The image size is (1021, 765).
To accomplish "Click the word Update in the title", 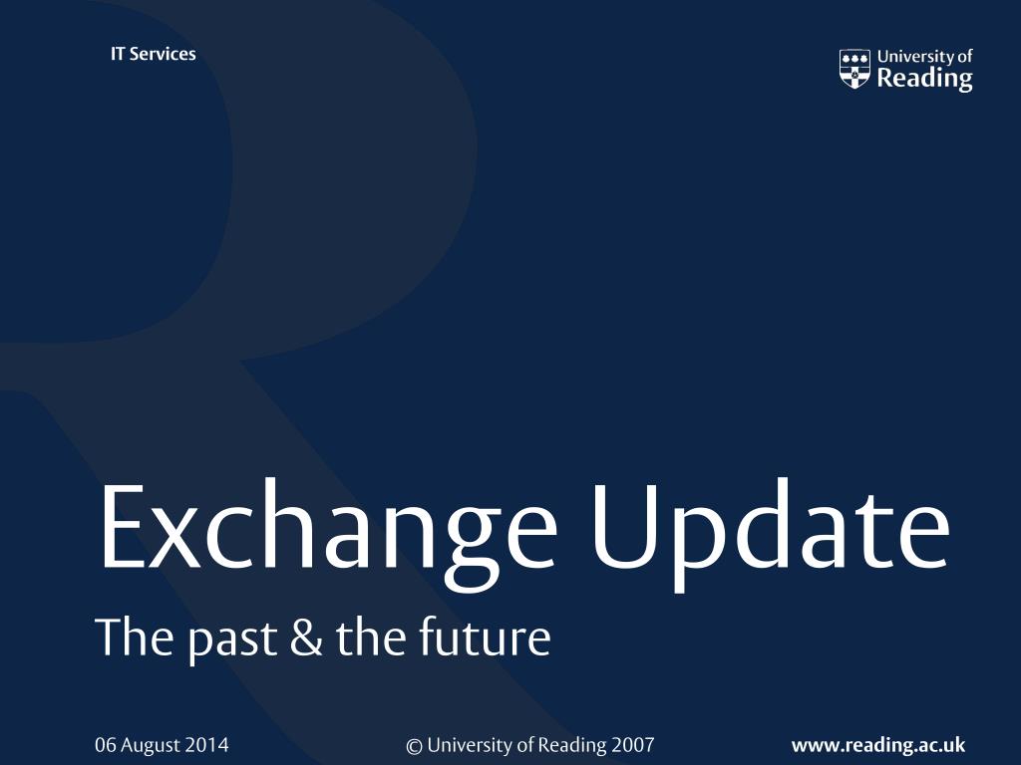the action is click(771, 535).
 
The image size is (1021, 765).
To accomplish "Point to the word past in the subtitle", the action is click(232, 639).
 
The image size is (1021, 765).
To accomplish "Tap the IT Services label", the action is click(153, 54).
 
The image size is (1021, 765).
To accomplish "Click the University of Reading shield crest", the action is click(854, 69).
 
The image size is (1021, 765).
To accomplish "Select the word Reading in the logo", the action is click(924, 79).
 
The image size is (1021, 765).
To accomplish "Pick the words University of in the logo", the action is click(924, 57).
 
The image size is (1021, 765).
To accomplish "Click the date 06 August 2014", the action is click(162, 745).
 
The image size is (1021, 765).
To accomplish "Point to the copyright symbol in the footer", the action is click(414, 746).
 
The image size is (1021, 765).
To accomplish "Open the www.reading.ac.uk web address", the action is click(878, 745).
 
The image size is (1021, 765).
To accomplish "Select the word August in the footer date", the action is click(151, 745).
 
